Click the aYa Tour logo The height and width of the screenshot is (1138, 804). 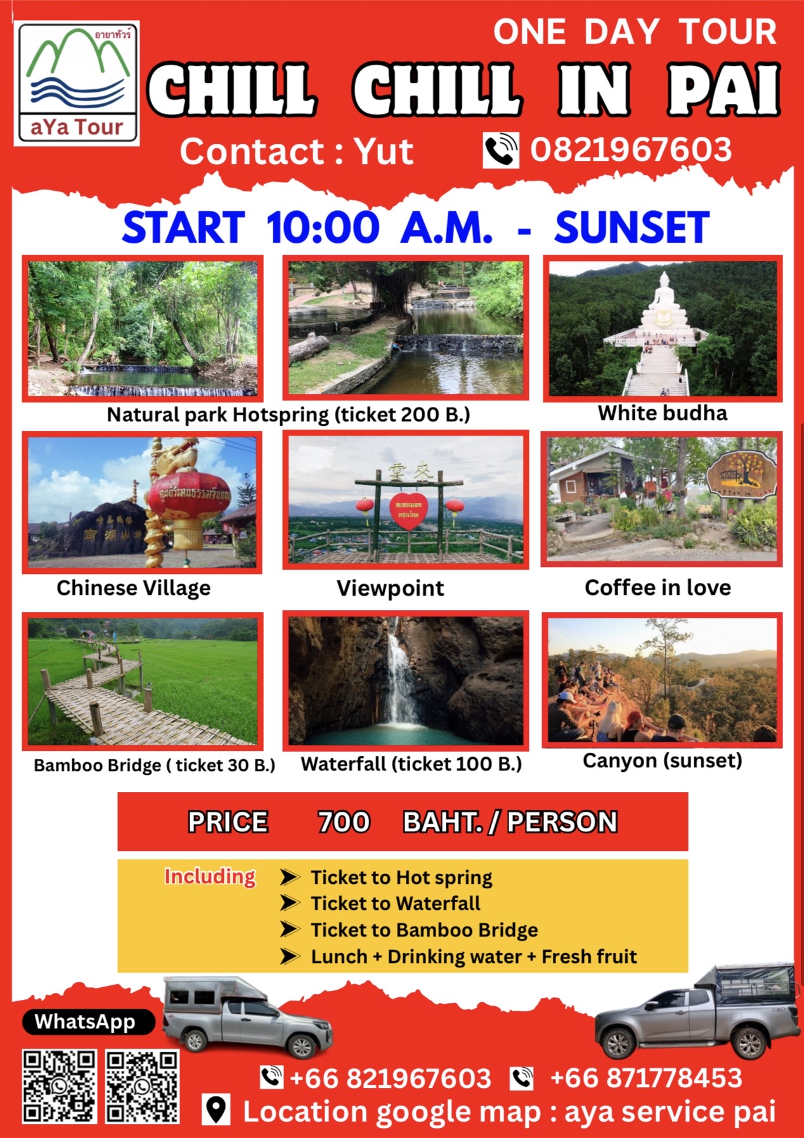click(x=77, y=83)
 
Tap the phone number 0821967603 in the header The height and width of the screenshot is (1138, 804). click(x=631, y=150)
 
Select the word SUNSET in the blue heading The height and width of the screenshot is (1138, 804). click(x=632, y=228)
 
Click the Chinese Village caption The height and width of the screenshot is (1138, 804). click(x=133, y=589)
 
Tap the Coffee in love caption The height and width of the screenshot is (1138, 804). click(x=658, y=587)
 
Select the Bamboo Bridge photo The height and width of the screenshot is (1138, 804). click(x=143, y=681)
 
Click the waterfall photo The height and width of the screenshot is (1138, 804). click(x=406, y=680)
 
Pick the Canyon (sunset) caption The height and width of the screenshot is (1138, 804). click(x=662, y=760)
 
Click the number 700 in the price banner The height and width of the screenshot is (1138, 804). click(x=344, y=822)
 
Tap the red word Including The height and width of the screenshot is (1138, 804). click(x=210, y=876)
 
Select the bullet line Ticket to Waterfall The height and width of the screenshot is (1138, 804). click(x=395, y=903)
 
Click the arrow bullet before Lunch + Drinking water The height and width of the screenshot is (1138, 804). click(x=290, y=956)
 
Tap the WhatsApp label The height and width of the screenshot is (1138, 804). click(x=85, y=1022)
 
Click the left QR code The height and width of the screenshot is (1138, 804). click(x=60, y=1087)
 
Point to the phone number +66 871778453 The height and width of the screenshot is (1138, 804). click(x=645, y=1078)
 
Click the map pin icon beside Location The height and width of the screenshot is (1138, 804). click(x=217, y=1109)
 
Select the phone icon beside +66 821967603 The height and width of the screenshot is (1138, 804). click(x=271, y=1077)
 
